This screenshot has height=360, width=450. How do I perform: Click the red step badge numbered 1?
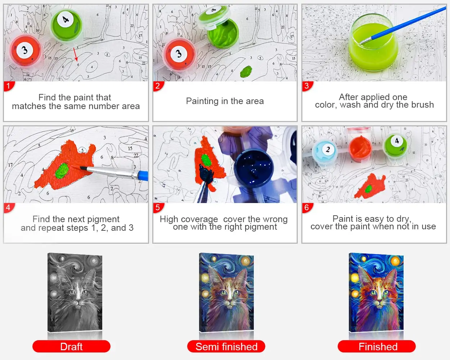pyautogui.click(x=8, y=86)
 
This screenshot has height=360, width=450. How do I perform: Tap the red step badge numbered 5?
pyautogui.click(x=158, y=208)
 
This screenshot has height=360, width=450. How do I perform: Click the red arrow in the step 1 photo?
pyautogui.click(x=76, y=54)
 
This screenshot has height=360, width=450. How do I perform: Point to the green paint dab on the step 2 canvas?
pyautogui.click(x=246, y=71)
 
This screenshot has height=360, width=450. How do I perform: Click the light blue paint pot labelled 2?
pyautogui.click(x=325, y=151)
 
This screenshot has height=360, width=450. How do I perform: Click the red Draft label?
pyautogui.click(x=71, y=346)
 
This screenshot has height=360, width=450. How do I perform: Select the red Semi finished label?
pyautogui.click(x=226, y=346)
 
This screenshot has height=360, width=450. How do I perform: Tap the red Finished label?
pyautogui.click(x=377, y=346)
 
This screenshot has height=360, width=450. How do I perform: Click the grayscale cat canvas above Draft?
pyautogui.click(x=75, y=292)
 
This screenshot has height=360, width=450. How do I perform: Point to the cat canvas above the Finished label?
pyautogui.click(x=376, y=292)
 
